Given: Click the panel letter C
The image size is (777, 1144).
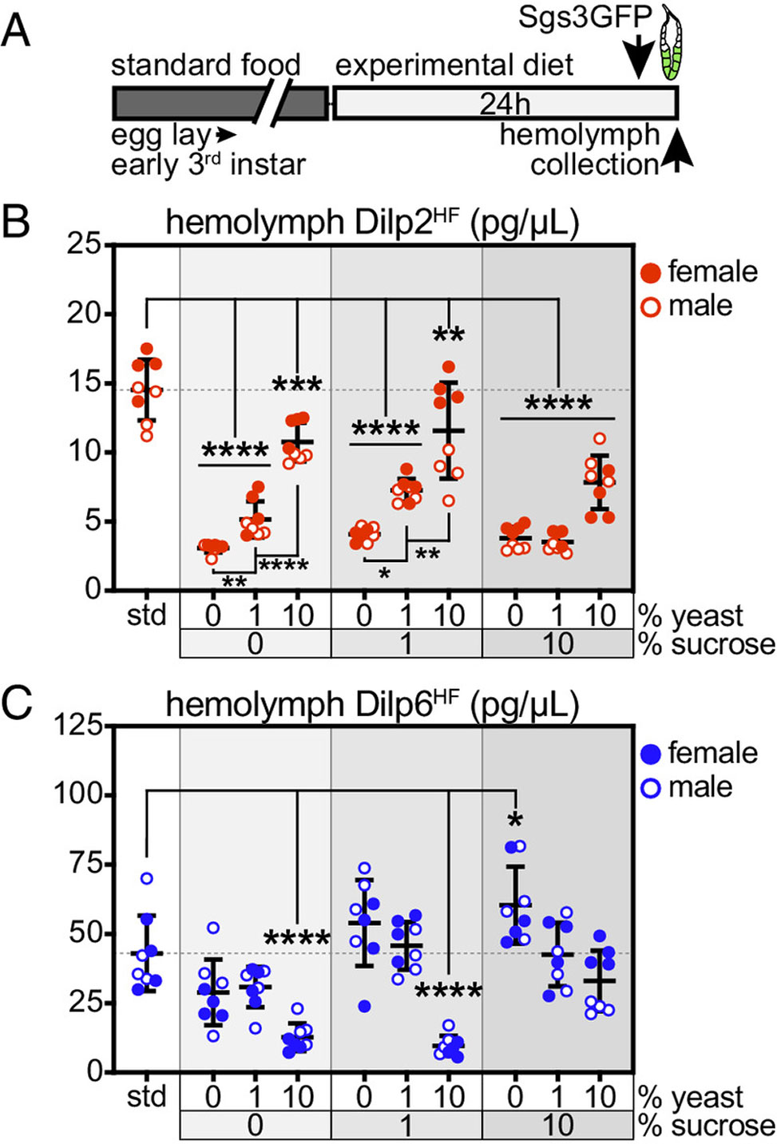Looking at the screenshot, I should tap(17, 703).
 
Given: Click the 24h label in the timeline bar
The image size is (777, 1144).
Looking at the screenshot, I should tap(505, 104).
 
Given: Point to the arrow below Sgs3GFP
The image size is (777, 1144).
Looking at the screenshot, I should tap(639, 60).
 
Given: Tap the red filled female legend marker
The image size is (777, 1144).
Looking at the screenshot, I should tap(651, 272).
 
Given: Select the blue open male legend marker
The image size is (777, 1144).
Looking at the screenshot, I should tap(651, 789).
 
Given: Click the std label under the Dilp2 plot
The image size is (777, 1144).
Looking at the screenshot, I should tap(146, 616).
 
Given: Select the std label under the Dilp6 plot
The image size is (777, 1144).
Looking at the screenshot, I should tap(146, 1097).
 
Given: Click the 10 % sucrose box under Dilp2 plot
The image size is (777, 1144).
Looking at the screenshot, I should tap(557, 643).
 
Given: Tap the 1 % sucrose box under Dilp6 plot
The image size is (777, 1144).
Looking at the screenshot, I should tap(406, 1125).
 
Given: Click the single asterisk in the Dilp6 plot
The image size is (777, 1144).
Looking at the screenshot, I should tap(516, 820).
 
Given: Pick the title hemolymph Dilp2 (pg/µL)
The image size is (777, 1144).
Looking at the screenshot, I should tap(371, 223).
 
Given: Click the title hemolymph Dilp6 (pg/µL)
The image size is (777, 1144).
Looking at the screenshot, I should tap(371, 704).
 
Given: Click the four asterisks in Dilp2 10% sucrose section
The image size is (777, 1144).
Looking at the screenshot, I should tap(558, 404).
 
